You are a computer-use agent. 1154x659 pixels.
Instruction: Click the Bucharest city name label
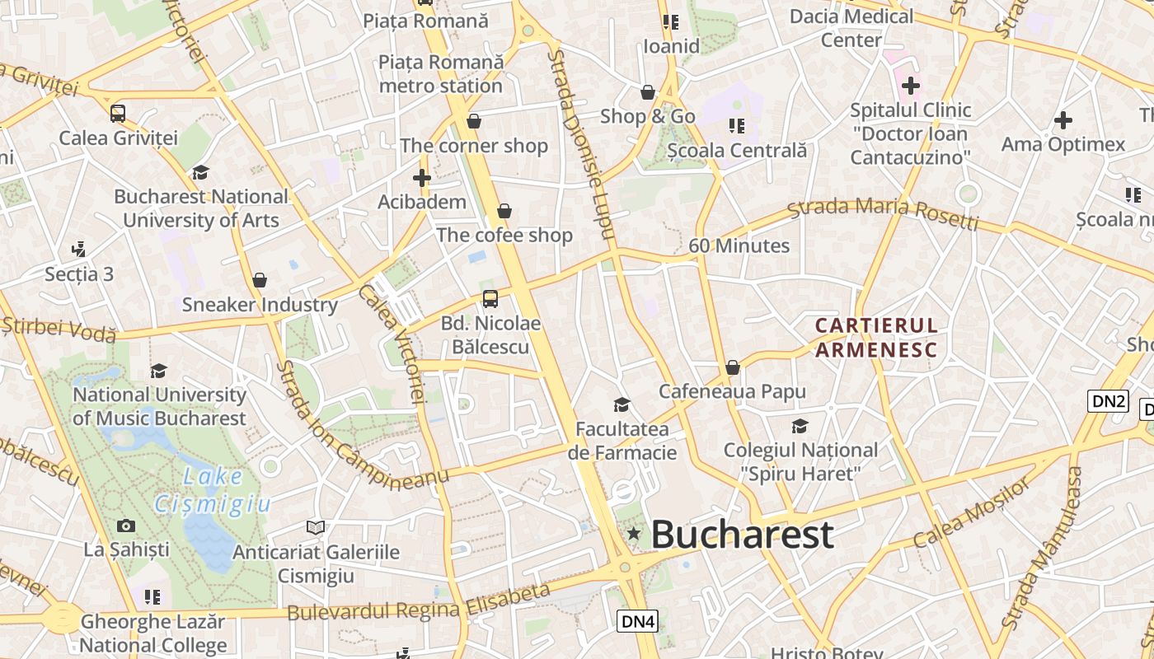pyautogui.click(x=742, y=535)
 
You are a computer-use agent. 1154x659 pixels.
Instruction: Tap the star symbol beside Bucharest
pyautogui.click(x=633, y=534)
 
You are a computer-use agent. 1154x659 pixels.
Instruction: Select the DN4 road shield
pyautogui.click(x=637, y=621)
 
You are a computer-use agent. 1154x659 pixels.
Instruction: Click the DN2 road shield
pyautogui.click(x=1108, y=401)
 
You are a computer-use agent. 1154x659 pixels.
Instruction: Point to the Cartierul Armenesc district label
pyautogui.click(x=876, y=338)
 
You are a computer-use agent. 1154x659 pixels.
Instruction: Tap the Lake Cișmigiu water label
pyautogui.click(x=213, y=490)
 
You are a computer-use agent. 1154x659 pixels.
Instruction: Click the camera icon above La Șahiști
pyautogui.click(x=126, y=526)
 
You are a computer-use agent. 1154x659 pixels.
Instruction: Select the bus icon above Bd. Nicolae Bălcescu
pyautogui.click(x=490, y=298)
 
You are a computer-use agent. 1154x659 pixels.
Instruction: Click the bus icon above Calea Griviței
pyautogui.click(x=118, y=114)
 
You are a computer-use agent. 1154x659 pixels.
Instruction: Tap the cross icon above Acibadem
pyautogui.click(x=422, y=178)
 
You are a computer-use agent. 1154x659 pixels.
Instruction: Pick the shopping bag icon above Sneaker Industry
pyautogui.click(x=260, y=281)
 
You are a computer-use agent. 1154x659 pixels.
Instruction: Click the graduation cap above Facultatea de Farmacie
pyautogui.click(x=622, y=404)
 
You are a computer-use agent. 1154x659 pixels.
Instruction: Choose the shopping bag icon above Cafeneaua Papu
pyautogui.click(x=732, y=367)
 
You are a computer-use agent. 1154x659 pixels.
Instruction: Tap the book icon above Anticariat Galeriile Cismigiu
pyautogui.click(x=316, y=527)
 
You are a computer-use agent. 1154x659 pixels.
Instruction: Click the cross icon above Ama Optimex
pyautogui.click(x=1063, y=120)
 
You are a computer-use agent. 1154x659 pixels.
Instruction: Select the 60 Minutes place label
pyautogui.click(x=739, y=245)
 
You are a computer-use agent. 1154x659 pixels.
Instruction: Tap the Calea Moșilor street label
pyautogui.click(x=972, y=513)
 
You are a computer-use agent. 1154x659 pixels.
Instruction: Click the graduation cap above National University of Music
pyautogui.click(x=158, y=372)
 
